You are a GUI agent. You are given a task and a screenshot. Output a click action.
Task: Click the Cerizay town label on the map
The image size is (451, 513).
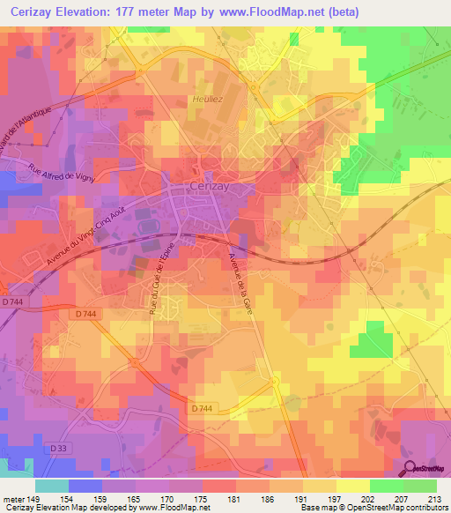pyautogui.click(x=211, y=187)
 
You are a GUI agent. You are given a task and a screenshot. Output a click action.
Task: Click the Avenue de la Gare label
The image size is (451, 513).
pyautogui.click(x=237, y=275)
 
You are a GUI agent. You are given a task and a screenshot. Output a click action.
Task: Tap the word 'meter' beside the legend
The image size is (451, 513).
pyautogui.click(x=12, y=498)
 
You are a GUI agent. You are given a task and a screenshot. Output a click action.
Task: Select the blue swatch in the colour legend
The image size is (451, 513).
pyautogui.click(x=85, y=485)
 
